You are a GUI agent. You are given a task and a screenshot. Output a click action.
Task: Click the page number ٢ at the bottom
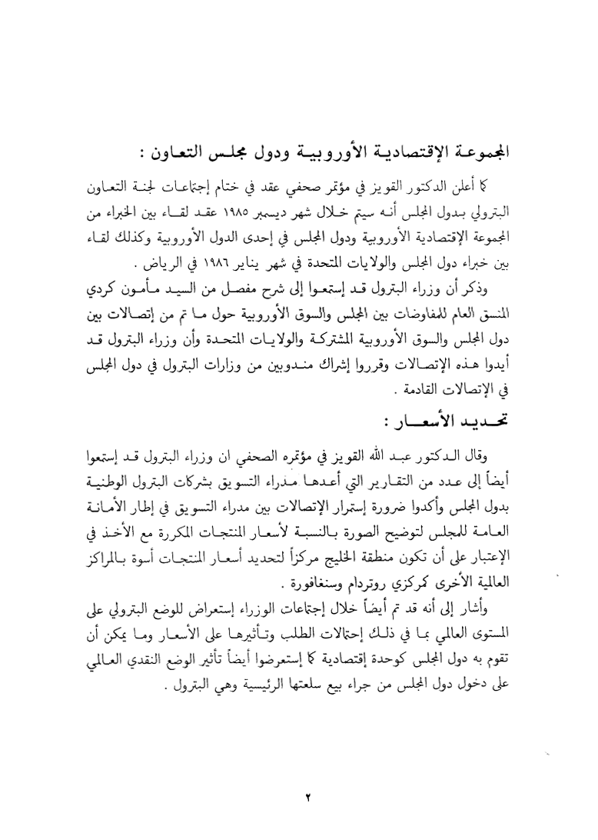298,778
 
